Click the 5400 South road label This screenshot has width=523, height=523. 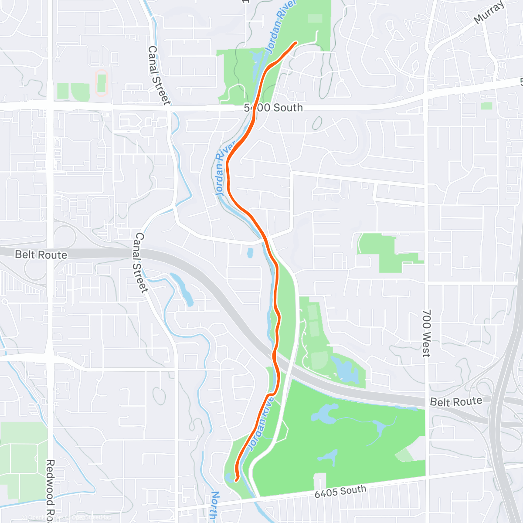pyautogui.click(x=273, y=108)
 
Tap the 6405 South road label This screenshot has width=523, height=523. pyautogui.click(x=340, y=491)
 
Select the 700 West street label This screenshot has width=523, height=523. pyautogui.click(x=426, y=333)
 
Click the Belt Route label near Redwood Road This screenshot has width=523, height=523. pyautogui.click(x=41, y=255)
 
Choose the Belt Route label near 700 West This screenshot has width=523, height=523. pyautogui.click(x=456, y=401)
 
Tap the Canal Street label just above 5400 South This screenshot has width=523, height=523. pyautogui.click(x=158, y=75)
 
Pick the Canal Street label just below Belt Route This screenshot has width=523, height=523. pyautogui.click(x=140, y=262)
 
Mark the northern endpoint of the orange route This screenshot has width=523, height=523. pyautogui.click(x=296, y=42)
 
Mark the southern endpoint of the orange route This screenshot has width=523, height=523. pyautogui.click(x=236, y=480)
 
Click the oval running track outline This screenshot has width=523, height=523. pyautogui.click(x=102, y=82)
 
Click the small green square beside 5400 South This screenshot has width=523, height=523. pyautogui.click(x=486, y=105)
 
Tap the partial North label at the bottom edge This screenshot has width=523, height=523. pyautogui.click(x=214, y=506)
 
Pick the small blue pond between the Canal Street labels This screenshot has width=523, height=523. pyautogui.click(x=250, y=252)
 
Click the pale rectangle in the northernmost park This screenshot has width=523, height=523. pyautogui.click(x=315, y=18)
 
